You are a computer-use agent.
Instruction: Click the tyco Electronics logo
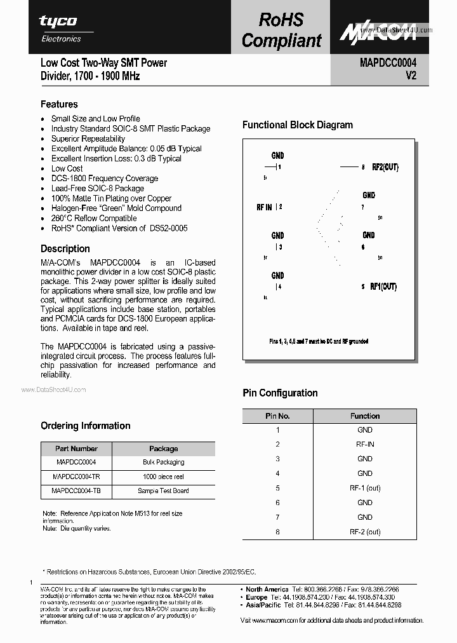tap(60, 28)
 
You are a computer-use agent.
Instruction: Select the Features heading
tap(59, 104)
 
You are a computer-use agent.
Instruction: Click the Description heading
tap(65, 248)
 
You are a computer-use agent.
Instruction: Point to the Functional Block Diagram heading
tap(298, 125)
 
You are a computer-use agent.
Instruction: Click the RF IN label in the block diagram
tap(264, 207)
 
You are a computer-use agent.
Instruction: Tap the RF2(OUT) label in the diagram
tap(385, 167)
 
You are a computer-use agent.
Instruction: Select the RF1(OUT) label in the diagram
tap(383, 287)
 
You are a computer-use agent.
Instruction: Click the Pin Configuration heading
tap(280, 393)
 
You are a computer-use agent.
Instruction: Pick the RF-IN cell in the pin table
tap(365, 444)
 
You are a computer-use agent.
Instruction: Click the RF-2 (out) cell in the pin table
tap(365, 532)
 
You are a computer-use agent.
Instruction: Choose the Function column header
tap(365, 416)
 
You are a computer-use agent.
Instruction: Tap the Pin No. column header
tap(277, 416)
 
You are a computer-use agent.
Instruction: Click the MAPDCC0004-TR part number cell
tap(76, 477)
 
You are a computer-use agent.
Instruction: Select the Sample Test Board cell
tap(163, 491)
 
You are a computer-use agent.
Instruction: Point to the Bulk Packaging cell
tap(163, 462)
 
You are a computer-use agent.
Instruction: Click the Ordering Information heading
tap(86, 426)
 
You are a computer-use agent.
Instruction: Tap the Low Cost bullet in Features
tap(67, 168)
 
